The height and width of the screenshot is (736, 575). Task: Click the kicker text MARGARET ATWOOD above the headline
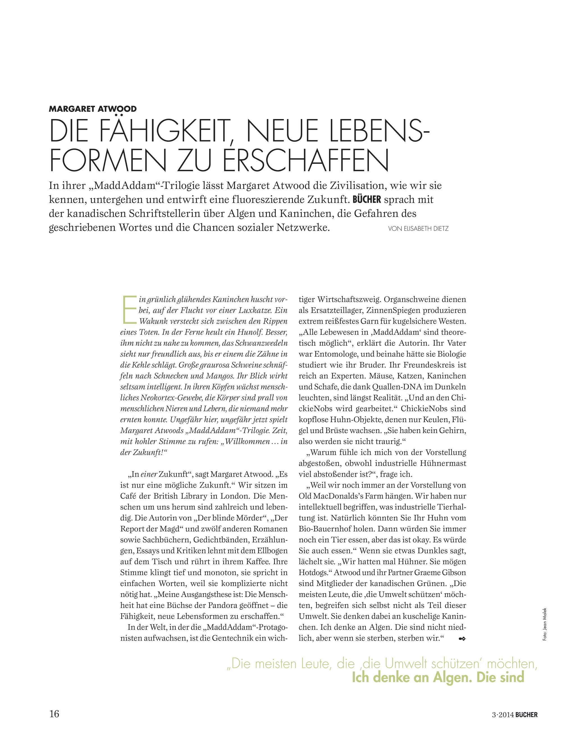(x=93, y=109)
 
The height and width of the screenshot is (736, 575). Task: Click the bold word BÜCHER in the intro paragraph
(x=366, y=200)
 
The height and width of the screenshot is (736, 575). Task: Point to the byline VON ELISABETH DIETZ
(x=418, y=229)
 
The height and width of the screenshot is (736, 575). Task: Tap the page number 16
(x=54, y=714)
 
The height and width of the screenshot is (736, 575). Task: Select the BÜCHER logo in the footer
(x=526, y=714)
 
